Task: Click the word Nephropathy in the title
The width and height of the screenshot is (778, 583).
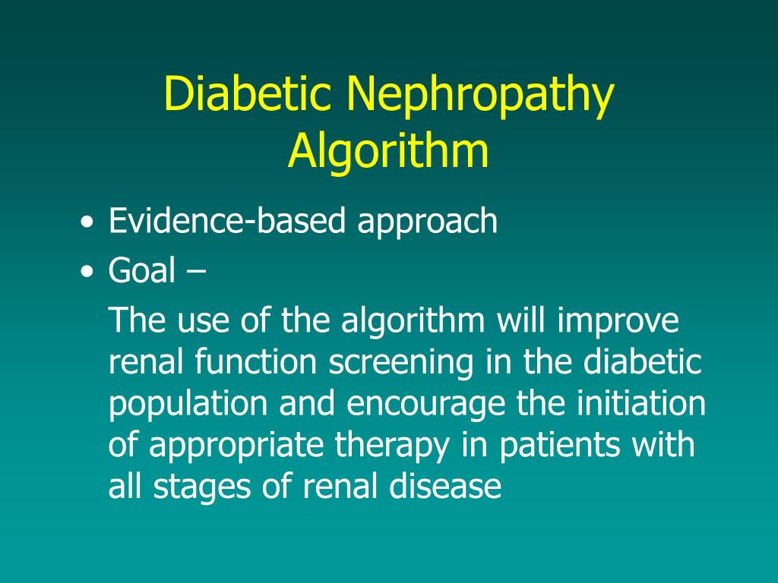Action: click(x=480, y=97)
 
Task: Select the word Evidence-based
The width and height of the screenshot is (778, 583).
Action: click(x=228, y=221)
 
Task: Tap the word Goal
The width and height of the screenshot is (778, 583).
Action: click(x=142, y=269)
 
